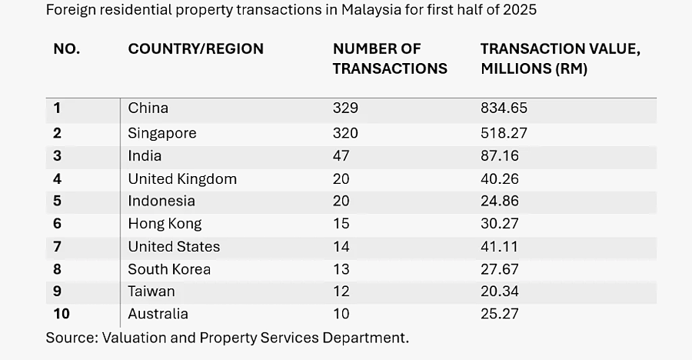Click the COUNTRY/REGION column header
click(195, 49)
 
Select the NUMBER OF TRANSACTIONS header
click(390, 58)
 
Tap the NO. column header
click(66, 49)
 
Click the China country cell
click(148, 108)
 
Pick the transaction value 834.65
click(504, 108)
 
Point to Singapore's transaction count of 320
click(345, 133)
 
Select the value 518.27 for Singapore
click(504, 133)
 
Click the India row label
click(145, 156)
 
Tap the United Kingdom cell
click(182, 179)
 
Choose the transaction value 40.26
click(499, 179)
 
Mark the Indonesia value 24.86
click(499, 202)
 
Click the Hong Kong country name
click(165, 224)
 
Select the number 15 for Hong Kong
click(341, 224)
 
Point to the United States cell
click(174, 247)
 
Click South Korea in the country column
click(169, 269)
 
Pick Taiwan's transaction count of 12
click(341, 292)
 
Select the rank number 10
click(62, 314)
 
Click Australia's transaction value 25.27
click(499, 314)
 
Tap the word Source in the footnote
click(69, 338)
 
